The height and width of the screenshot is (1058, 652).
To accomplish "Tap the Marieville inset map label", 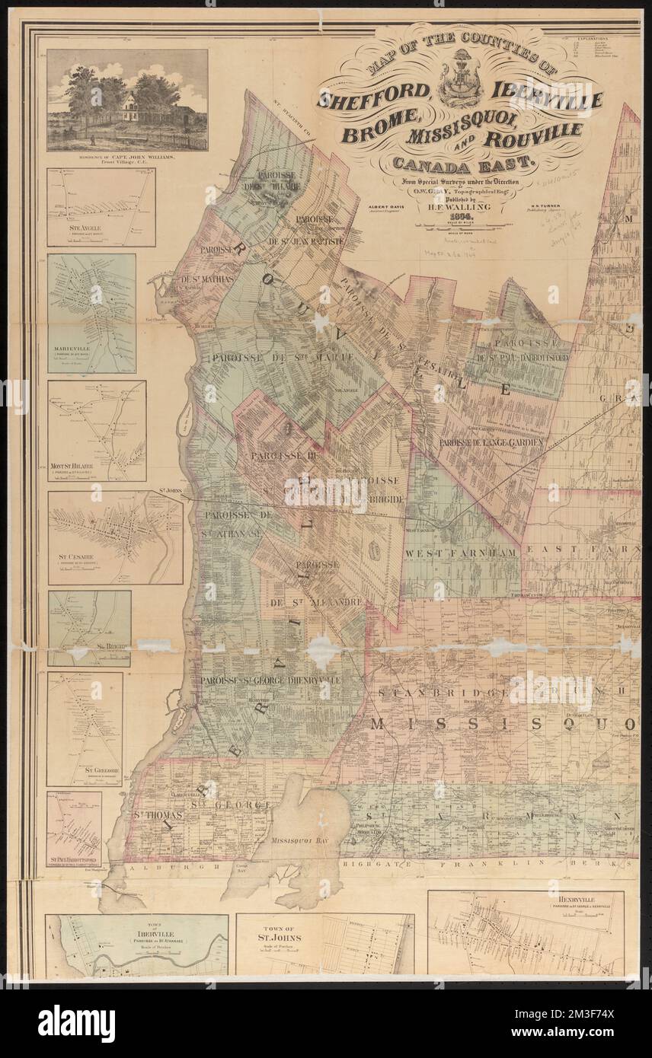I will (x=76, y=352).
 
